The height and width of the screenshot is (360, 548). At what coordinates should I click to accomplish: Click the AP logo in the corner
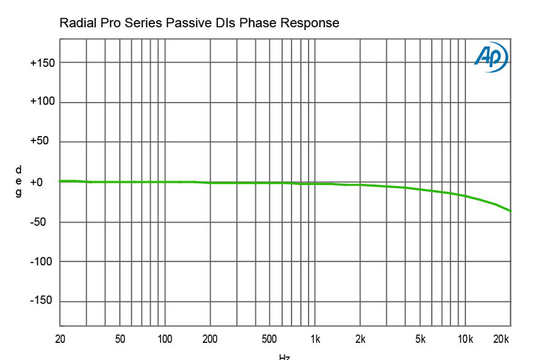coord(490,57)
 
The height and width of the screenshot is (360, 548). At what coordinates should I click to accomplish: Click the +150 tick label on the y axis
coord(42,63)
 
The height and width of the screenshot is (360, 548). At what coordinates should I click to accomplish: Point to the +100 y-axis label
coord(42,102)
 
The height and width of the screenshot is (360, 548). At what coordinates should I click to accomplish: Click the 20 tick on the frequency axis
coord(60,339)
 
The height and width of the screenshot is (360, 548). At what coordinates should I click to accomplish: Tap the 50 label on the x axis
coord(120,339)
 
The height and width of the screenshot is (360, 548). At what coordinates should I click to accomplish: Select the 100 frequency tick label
coord(165,339)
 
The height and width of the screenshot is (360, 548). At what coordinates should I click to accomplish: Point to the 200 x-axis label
coord(210,339)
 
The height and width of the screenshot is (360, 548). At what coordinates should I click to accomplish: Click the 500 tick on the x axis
coord(270,339)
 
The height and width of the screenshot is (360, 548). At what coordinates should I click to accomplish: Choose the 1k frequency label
coord(316,339)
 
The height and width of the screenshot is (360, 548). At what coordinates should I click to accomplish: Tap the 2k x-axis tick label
coord(360,339)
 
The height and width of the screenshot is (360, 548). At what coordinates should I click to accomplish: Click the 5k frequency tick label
coord(420,339)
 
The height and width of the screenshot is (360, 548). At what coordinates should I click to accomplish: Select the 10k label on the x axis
coord(465,339)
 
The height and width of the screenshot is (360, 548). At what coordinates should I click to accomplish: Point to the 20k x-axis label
coord(500,339)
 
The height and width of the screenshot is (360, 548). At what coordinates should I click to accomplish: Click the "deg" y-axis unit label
coord(18,181)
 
